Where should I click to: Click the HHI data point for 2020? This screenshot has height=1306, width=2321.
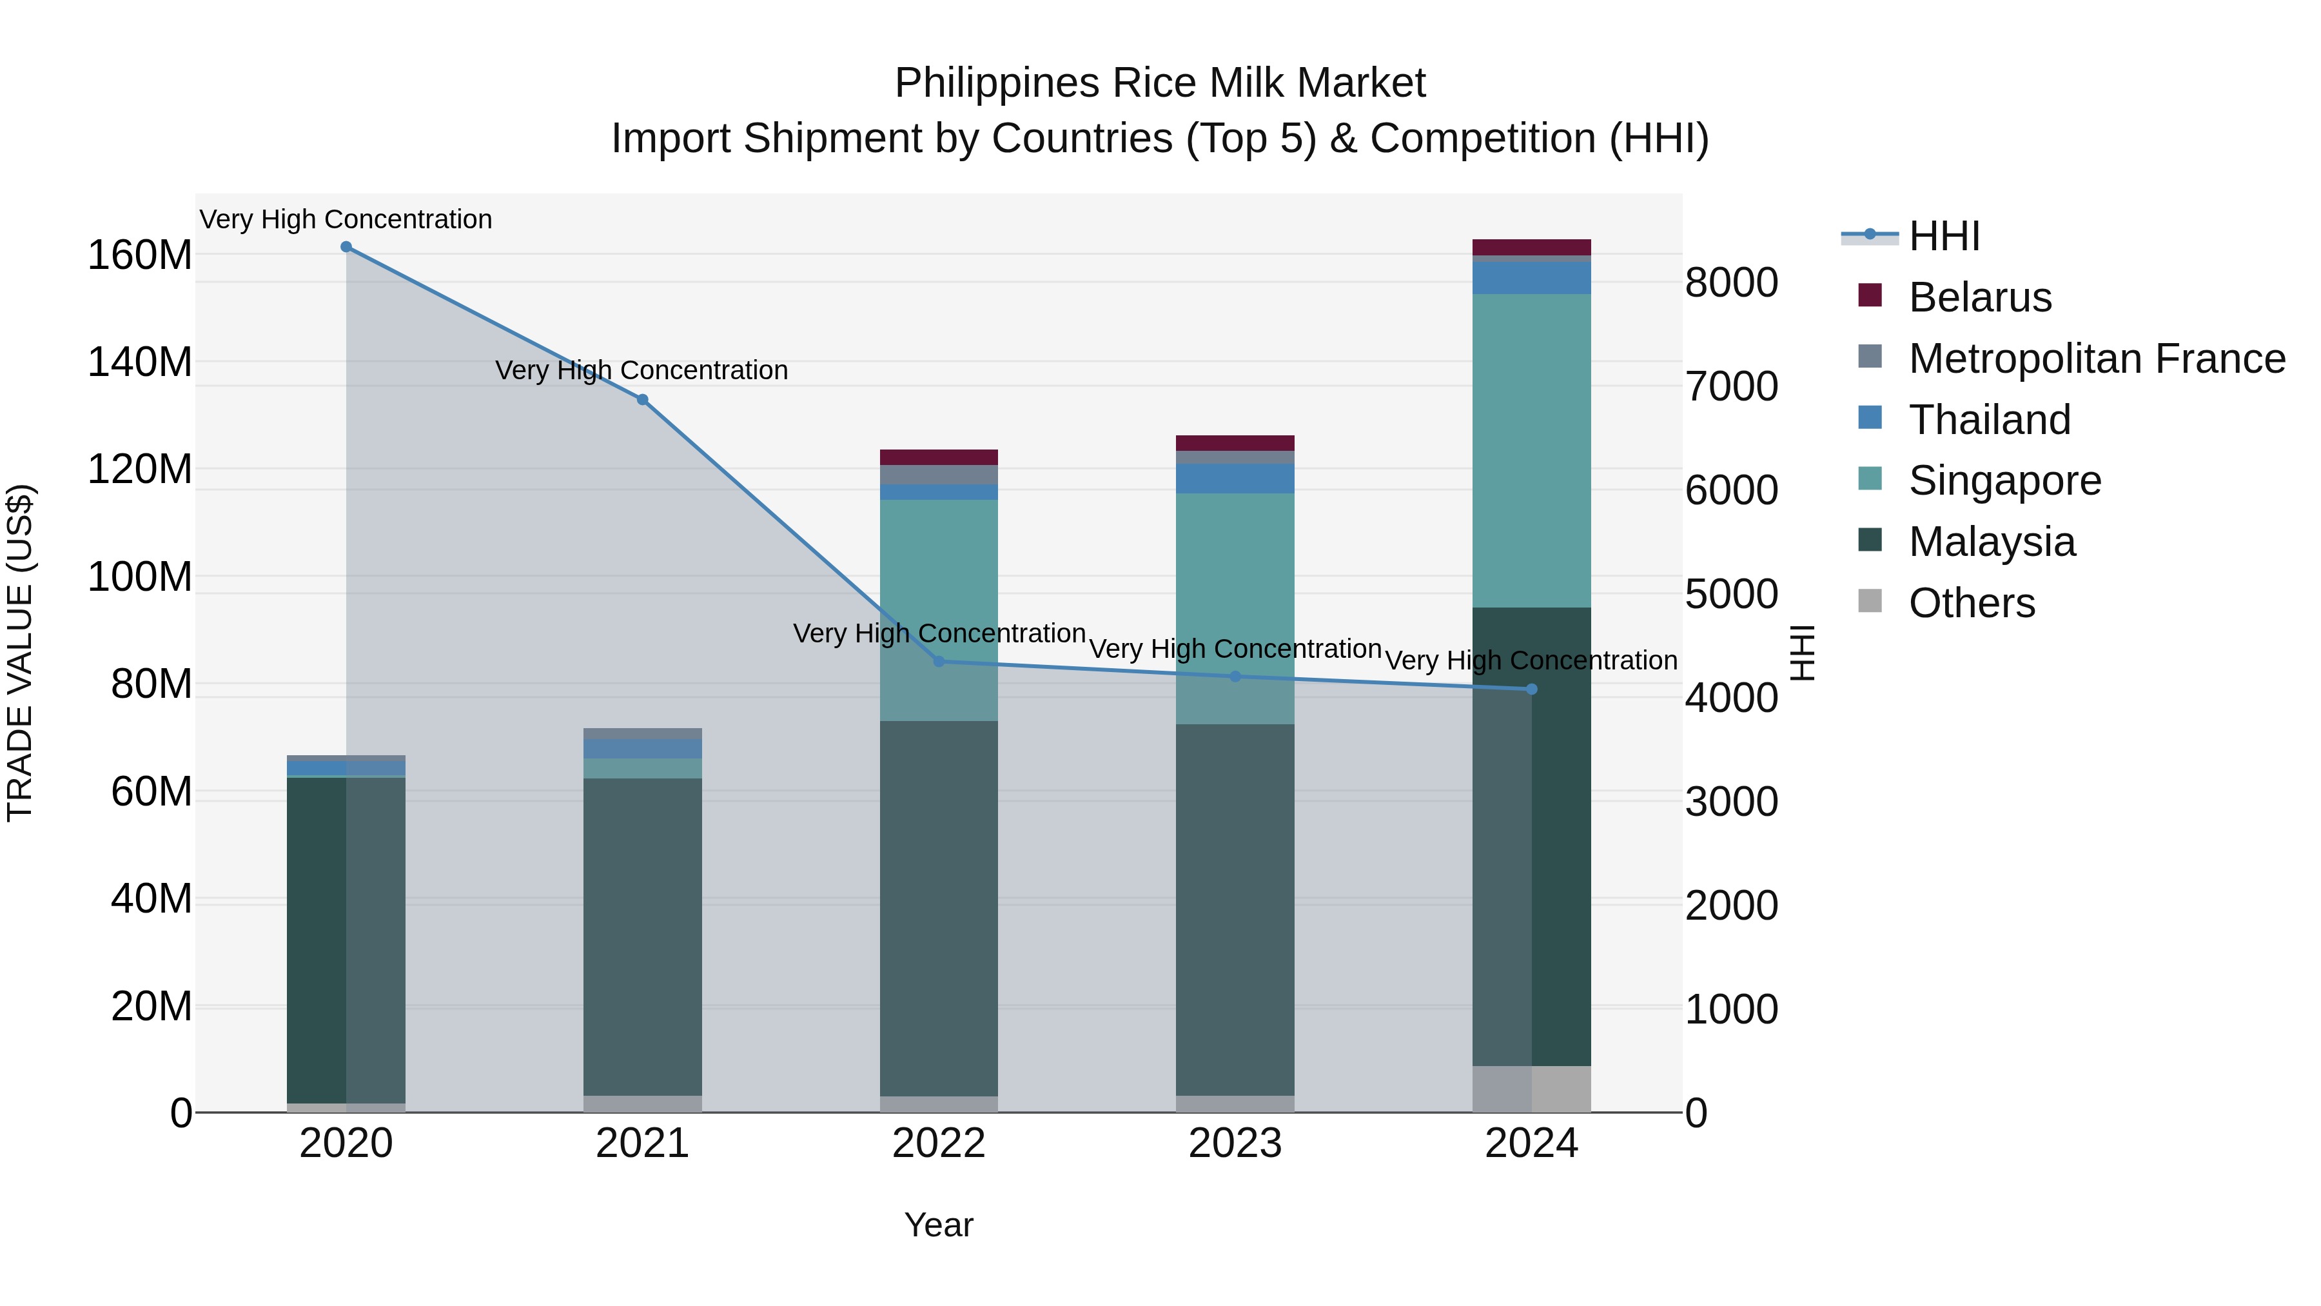point(346,247)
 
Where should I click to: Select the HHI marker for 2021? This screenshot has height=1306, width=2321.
point(642,400)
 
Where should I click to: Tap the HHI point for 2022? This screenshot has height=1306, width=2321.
point(939,662)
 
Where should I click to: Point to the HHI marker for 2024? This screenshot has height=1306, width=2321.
point(1532,689)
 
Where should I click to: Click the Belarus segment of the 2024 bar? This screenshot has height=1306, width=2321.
point(1532,248)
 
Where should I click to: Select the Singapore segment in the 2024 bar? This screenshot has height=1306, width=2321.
point(1532,451)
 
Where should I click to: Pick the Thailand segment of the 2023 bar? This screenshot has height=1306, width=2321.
point(1235,479)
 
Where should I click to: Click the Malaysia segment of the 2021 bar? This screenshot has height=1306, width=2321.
point(642,937)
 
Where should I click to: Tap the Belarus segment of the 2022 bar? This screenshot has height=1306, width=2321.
point(939,457)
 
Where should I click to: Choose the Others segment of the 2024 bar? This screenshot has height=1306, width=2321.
point(1532,1089)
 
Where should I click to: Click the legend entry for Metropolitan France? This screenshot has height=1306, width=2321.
point(2097,359)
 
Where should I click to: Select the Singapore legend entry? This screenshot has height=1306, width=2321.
point(2004,480)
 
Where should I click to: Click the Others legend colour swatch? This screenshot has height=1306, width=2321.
point(1870,601)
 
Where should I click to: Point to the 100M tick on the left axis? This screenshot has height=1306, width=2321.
point(140,577)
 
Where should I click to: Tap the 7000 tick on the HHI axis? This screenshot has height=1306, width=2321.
point(1731,387)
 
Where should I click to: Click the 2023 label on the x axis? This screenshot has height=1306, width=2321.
point(1235,1143)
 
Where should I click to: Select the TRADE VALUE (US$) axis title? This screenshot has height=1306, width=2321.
point(21,653)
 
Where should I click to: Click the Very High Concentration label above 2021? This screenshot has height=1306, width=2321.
point(641,370)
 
